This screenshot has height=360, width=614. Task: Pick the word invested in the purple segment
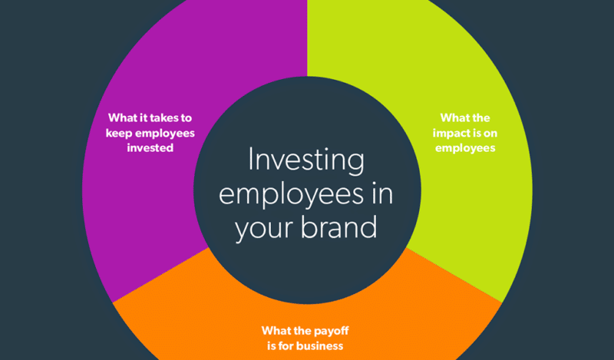[x=151, y=147]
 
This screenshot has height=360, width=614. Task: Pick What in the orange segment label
[x=278, y=331]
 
